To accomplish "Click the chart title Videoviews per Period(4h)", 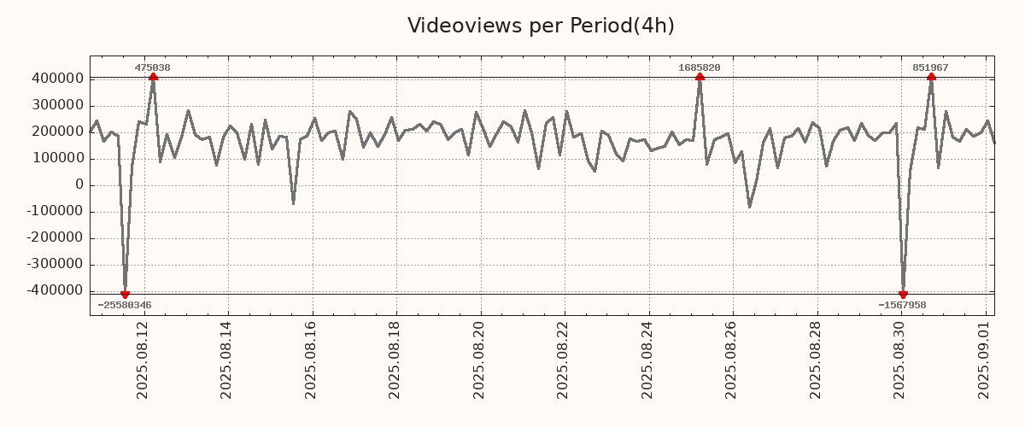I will [x=541, y=26].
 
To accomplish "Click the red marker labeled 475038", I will [x=153, y=77].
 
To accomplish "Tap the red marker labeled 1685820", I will [x=700, y=77].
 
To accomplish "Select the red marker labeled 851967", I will [x=931, y=77].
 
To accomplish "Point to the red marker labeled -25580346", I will [x=125, y=295].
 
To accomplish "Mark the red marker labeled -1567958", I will [x=903, y=295].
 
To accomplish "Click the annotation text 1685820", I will [x=700, y=67].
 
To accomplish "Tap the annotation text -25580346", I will [x=125, y=305].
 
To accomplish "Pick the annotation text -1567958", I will [x=902, y=305].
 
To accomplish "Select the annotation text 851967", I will [x=930, y=67].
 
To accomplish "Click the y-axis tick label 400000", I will [x=56, y=79].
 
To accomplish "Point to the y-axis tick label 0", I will [x=79, y=184].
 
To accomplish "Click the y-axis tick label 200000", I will [x=56, y=132].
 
